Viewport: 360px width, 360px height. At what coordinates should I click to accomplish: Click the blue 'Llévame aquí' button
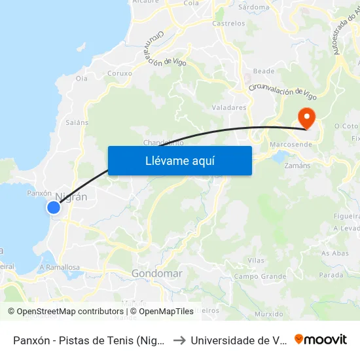point(179,160)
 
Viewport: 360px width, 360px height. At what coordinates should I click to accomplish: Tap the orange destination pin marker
point(306,118)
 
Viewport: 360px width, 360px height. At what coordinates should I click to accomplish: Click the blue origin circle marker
point(54,207)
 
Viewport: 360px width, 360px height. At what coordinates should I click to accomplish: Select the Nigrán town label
point(72,196)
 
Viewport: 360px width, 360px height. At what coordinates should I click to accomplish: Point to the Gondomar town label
point(156,273)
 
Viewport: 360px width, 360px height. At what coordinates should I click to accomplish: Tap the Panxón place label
point(39,194)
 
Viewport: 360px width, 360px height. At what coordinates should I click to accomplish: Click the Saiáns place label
point(73,122)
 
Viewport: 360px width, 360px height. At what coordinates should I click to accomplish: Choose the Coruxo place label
point(120,73)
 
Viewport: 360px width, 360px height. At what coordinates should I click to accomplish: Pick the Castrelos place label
point(229,24)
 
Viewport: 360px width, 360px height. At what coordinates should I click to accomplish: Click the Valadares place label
point(229,107)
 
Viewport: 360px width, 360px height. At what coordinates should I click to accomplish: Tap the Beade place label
point(264,71)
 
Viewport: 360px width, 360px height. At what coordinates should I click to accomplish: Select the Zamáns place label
point(297,166)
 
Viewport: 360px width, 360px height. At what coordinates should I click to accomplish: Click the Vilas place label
point(256,260)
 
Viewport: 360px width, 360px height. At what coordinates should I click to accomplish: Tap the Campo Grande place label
point(260,276)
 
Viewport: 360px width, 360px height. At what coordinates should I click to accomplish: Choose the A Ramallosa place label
point(60,267)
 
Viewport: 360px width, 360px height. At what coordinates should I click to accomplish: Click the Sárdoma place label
point(254,7)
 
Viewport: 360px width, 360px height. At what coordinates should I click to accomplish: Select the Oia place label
point(82,79)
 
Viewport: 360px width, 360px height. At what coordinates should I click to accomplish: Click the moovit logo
point(320,339)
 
